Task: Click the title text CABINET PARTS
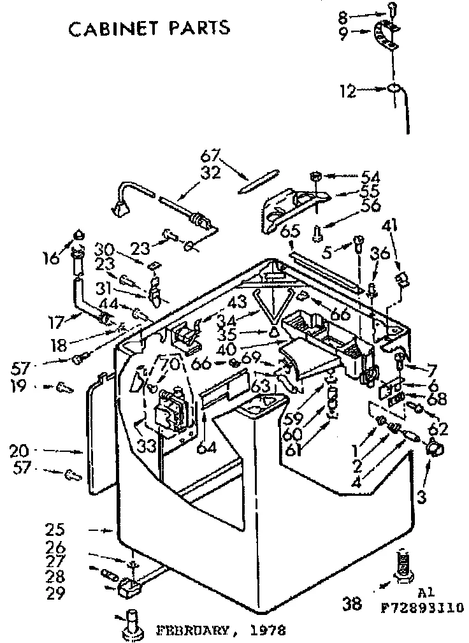click(x=148, y=28)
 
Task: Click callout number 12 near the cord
click(x=347, y=91)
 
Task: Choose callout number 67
click(x=210, y=155)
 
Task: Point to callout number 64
click(x=207, y=447)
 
